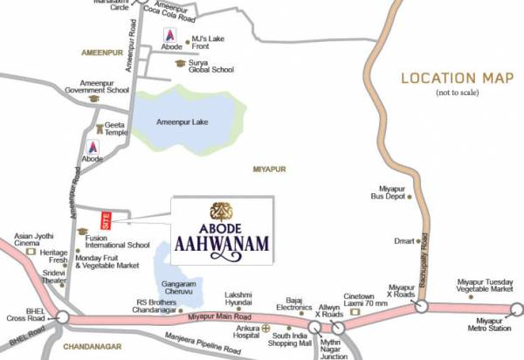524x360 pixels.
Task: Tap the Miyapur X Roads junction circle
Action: (421, 306)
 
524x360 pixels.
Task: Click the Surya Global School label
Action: (212, 68)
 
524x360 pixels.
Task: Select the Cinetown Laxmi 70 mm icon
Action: (355, 311)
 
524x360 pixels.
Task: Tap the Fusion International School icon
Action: (82, 232)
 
